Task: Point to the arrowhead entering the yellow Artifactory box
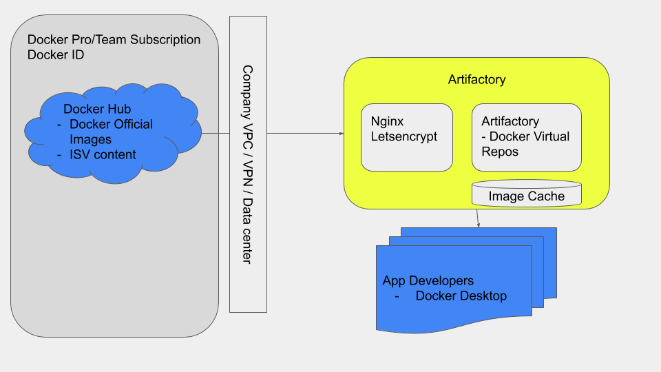341,134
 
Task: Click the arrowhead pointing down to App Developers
478,224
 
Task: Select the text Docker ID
56,55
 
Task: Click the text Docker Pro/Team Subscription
114,39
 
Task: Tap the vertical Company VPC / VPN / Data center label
248,164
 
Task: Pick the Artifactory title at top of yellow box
476,79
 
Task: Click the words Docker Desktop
461,296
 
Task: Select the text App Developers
428,281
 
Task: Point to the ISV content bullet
103,155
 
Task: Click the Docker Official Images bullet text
110,132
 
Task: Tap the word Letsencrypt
404,136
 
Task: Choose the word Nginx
387,121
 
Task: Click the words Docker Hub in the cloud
97,109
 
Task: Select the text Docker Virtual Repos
529,143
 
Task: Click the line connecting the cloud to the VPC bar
215,133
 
